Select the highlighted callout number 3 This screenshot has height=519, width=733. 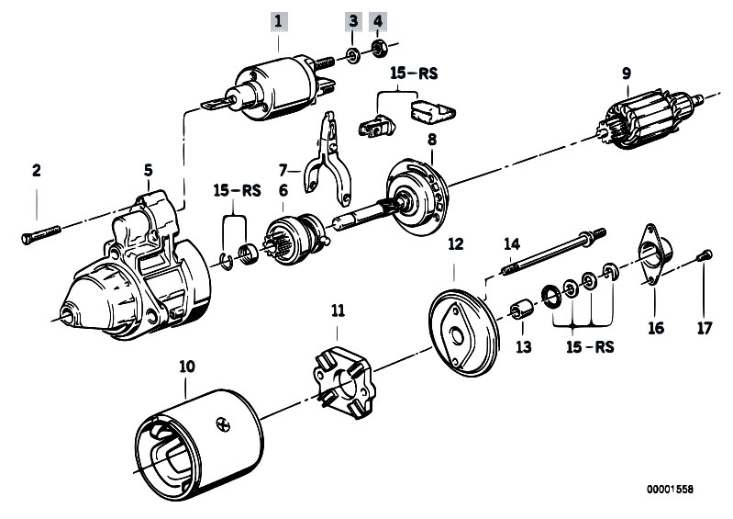[352, 19]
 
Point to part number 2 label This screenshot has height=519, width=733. [37, 170]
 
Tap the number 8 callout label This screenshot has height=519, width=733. [431, 139]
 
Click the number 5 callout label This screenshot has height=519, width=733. [148, 170]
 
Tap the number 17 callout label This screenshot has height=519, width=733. [704, 326]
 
